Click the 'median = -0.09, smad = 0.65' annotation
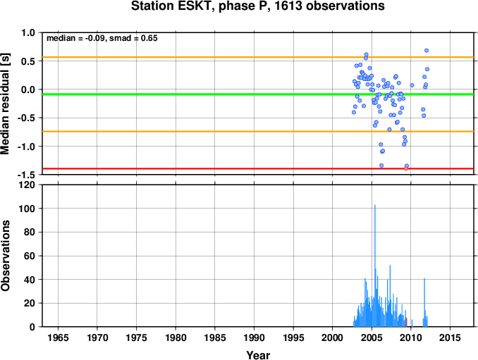pyautogui.click(x=102, y=38)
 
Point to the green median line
pyautogui.click(x=258, y=94)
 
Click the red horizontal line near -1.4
pyautogui.click(x=258, y=168)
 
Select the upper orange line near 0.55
pyautogui.click(x=258, y=57)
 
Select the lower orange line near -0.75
pyautogui.click(x=258, y=132)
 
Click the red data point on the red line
pyautogui.click(x=406, y=168)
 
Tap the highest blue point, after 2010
pyautogui.click(x=427, y=51)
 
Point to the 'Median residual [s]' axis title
pyautogui.click(x=5, y=104)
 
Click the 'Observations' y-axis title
pyautogui.click(x=5, y=256)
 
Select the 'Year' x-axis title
pyautogui.click(x=258, y=355)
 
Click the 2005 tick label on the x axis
pyautogui.click(x=372, y=337)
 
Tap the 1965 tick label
pyautogui.click(x=58, y=337)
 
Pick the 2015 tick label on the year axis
pyautogui.click(x=451, y=337)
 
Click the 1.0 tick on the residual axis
pyautogui.click(x=28, y=32)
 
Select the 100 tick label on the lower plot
pyautogui.click(x=27, y=209)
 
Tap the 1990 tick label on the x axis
pyautogui.click(x=254, y=337)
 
